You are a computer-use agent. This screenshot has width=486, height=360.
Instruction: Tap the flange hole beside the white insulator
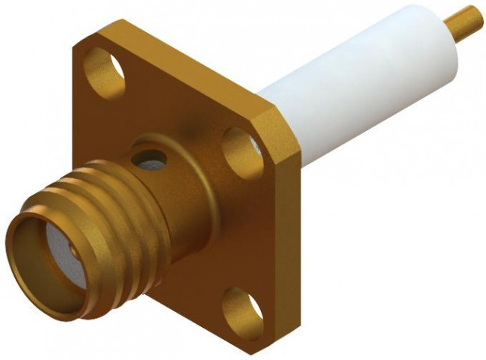coord(241,143)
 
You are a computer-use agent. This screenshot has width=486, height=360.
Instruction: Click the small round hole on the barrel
coord(149,159)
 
